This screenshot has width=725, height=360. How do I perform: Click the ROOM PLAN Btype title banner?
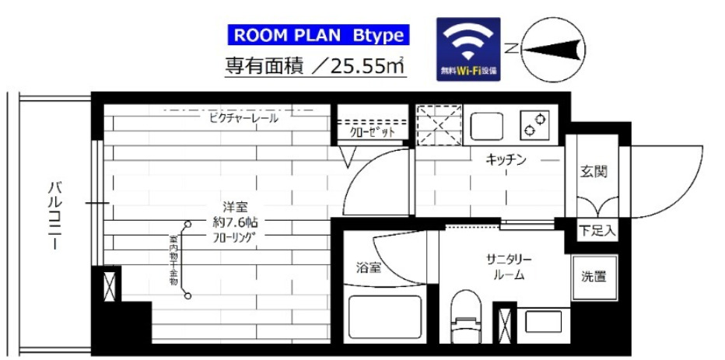point(318,36)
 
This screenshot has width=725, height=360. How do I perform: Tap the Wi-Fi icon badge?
point(468,48)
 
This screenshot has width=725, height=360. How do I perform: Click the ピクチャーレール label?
point(243,119)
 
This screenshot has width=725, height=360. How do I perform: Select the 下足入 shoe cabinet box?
point(597,230)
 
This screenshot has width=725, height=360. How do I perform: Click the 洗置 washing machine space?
point(594,276)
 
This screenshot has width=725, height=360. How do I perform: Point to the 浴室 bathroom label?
point(369,268)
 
